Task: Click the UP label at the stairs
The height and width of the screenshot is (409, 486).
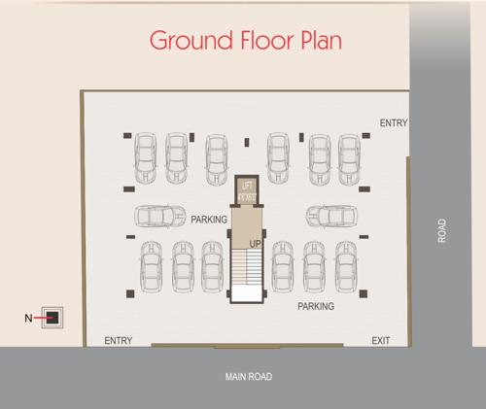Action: [255, 242]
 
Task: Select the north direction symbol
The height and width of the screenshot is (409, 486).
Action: [54, 317]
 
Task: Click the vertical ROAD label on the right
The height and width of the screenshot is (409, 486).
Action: [442, 230]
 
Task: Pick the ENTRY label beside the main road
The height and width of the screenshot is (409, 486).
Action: [118, 340]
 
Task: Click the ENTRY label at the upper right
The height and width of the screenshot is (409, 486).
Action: [394, 123]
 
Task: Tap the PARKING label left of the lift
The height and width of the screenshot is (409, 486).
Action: [209, 220]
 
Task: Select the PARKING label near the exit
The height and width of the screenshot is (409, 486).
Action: [316, 306]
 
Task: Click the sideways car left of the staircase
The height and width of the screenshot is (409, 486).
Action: [159, 216]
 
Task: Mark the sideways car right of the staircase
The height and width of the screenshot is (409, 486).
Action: [332, 216]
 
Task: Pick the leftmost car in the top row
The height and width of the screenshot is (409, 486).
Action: [145, 157]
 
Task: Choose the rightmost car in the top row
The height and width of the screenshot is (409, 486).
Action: [349, 157]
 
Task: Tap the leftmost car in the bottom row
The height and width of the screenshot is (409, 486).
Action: [152, 265]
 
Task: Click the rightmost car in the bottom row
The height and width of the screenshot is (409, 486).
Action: [345, 265]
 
